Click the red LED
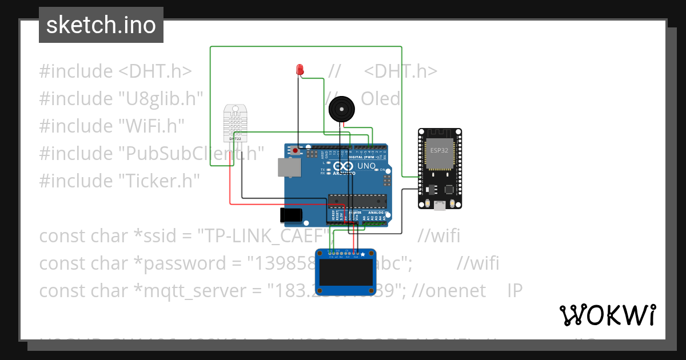pyautogui.click(x=299, y=70)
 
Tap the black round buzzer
pyautogui.click(x=342, y=108)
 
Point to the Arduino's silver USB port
pyautogui.click(x=289, y=167)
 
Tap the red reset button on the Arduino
pyautogui.click(x=296, y=151)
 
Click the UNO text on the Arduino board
pyautogui.click(x=366, y=166)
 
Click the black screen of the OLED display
pyautogui.click(x=347, y=273)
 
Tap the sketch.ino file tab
pyautogui.click(x=101, y=25)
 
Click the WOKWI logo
pyautogui.click(x=607, y=315)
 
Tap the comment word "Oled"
pyautogui.click(x=381, y=99)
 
